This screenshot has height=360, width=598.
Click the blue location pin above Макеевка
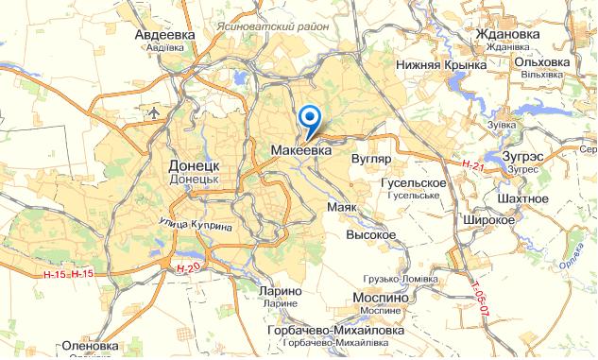pyautogui.click(x=309, y=118)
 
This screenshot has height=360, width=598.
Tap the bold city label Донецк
pyautogui.click(x=194, y=161)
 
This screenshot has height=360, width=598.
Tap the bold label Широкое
pyautogui.click(x=488, y=219)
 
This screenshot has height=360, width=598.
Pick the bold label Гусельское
pyautogui.click(x=412, y=181)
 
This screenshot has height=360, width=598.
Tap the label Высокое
pyautogui.click(x=370, y=233)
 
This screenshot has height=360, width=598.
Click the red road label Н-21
pyautogui.click(x=472, y=166)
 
